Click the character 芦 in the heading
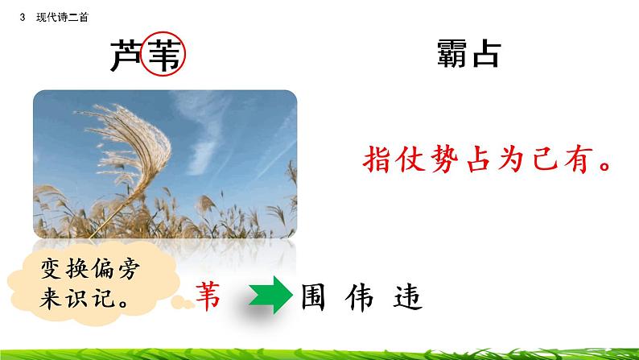126,56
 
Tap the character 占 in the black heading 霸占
484,54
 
